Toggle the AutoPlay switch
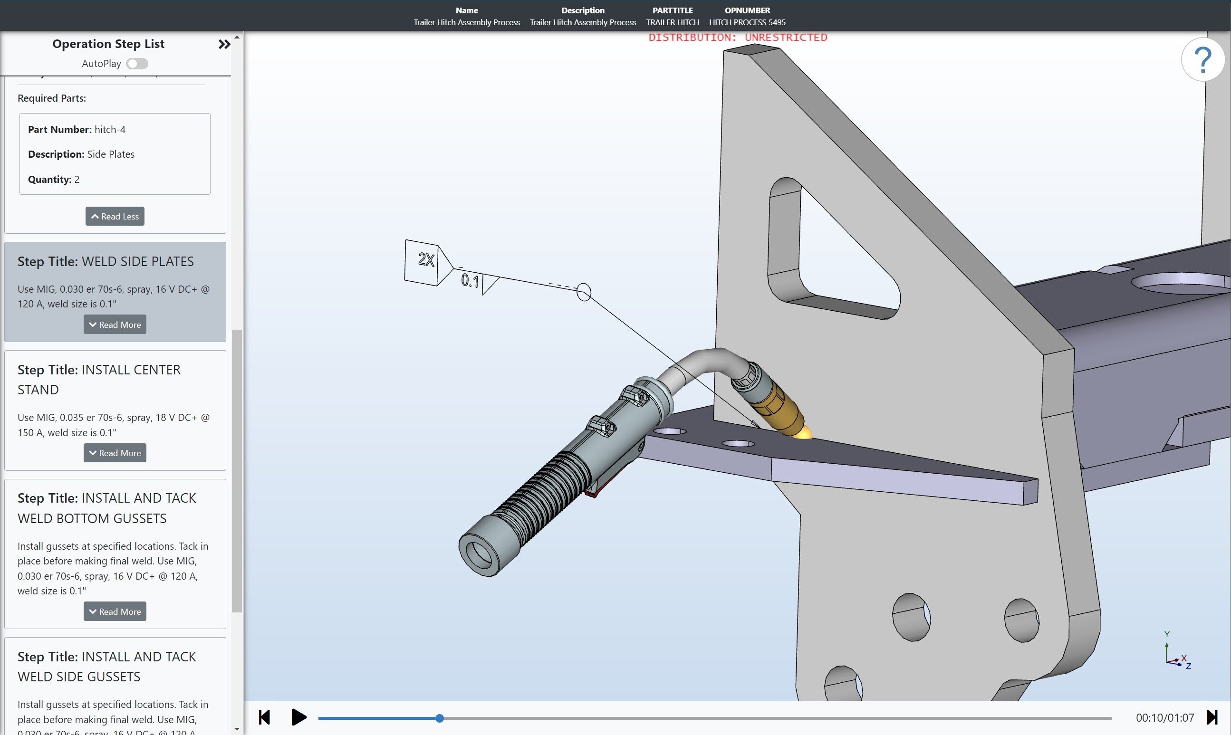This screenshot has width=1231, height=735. tap(137, 63)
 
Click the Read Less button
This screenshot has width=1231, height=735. tap(115, 217)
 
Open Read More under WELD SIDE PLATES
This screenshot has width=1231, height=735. tap(115, 325)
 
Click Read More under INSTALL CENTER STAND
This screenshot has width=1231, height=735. tap(115, 453)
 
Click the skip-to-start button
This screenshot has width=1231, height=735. tap(265, 717)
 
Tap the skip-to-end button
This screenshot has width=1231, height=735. tap(1212, 717)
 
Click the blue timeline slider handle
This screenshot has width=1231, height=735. tap(439, 718)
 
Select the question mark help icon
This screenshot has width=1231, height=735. tap(1203, 59)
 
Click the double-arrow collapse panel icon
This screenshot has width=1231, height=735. tap(224, 45)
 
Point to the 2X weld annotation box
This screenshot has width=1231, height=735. tap(422, 262)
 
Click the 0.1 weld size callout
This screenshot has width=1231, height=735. tap(470, 281)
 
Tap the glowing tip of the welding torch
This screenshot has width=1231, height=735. tap(802, 434)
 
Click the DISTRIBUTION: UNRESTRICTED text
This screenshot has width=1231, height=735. tap(738, 38)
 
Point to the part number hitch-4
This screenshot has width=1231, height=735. tap(109, 130)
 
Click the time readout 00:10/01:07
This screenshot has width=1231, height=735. tap(1164, 718)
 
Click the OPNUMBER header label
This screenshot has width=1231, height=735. tap(747, 10)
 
